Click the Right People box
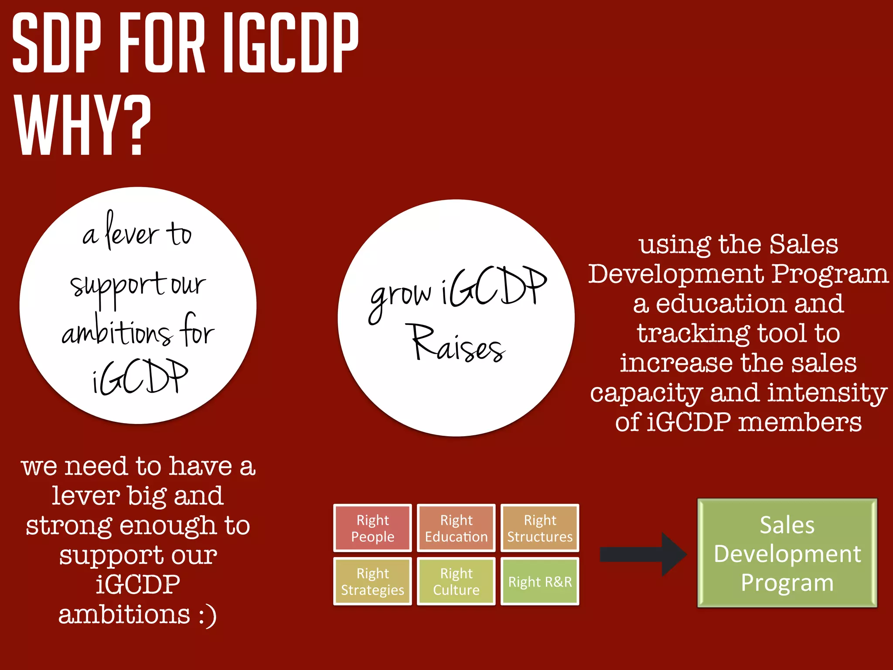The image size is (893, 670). pos(372,528)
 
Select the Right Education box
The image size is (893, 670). pos(456,528)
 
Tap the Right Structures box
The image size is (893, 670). pos(540,528)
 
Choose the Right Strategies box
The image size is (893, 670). pos(372,581)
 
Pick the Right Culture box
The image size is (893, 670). pos(456,581)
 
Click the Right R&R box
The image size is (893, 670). pos(540,581)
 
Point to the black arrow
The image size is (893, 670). pos(643,554)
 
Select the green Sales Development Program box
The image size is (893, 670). pos(787,553)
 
